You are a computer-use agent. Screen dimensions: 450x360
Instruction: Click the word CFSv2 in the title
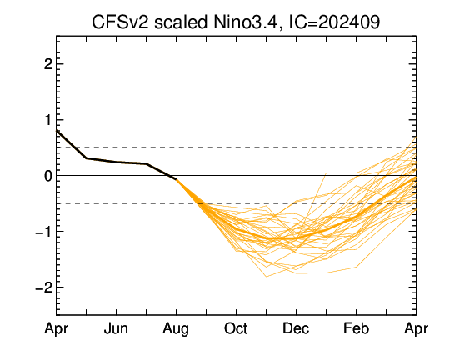click(120, 22)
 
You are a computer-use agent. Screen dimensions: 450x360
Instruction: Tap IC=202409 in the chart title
click(334, 22)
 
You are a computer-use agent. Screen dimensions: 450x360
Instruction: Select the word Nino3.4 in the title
click(246, 22)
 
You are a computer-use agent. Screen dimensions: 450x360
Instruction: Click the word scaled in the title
click(181, 22)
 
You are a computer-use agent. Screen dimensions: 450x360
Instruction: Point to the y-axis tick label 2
click(48, 64)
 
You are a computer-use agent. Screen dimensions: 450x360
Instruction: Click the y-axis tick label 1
click(48, 120)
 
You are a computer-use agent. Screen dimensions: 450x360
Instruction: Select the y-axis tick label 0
click(48, 175)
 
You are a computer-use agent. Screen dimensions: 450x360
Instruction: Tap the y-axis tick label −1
click(43, 232)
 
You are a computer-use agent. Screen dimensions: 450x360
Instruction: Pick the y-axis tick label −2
click(43, 287)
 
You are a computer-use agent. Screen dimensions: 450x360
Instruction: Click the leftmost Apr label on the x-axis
click(57, 329)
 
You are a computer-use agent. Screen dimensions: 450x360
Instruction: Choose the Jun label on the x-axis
click(116, 328)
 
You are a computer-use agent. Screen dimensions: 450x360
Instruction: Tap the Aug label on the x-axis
click(176, 329)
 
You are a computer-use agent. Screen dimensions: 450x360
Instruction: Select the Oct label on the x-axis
click(236, 328)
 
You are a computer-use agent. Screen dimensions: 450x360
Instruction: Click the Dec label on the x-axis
click(296, 328)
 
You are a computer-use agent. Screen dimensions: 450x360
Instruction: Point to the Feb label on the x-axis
click(356, 328)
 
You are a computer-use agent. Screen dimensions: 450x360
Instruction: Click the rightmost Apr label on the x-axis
click(416, 329)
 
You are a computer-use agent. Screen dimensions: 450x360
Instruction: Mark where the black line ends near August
click(176, 179)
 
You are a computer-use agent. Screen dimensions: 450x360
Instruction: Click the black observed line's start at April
click(57, 131)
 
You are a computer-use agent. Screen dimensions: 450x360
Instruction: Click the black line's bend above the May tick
click(87, 157)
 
